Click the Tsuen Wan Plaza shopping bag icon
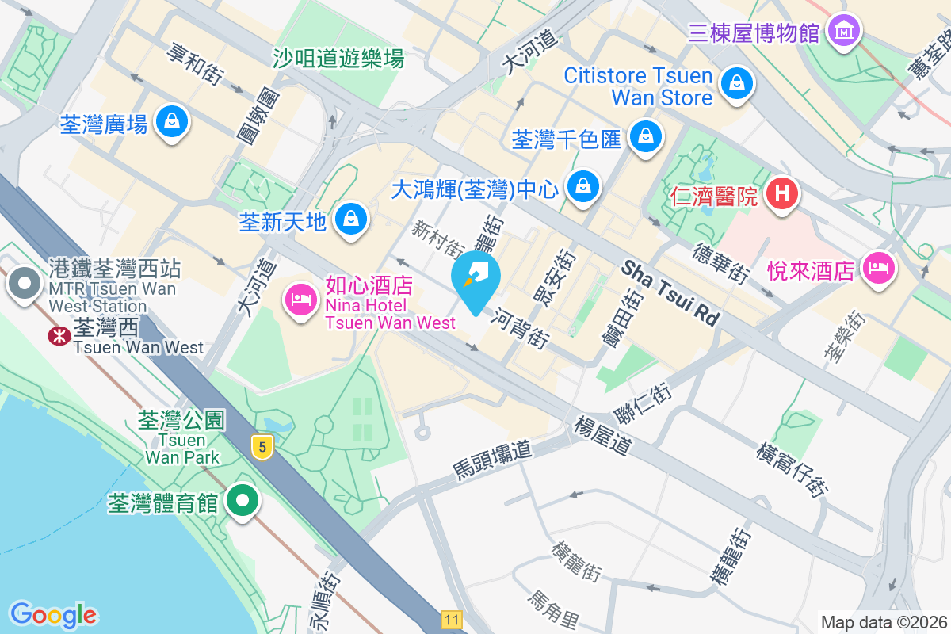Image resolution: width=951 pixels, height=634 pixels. (171, 122)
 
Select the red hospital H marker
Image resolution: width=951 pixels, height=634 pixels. (783, 193)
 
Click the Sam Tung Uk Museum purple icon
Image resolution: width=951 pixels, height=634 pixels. (843, 31)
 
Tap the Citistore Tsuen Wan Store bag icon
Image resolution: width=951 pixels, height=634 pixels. (737, 82)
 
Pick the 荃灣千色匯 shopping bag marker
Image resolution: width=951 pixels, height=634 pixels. (647, 136)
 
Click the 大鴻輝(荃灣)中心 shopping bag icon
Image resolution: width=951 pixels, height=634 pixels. (584, 186)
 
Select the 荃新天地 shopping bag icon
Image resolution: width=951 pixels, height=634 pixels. (350, 219)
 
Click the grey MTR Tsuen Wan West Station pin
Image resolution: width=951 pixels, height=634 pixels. (25, 283)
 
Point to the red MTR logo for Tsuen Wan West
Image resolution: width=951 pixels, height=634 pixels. (58, 335)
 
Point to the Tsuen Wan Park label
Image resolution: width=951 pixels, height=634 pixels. (182, 448)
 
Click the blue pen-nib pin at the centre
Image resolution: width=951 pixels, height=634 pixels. (475, 276)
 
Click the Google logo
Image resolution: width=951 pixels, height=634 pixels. (54, 614)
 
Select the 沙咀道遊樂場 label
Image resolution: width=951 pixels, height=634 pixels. (338, 58)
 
